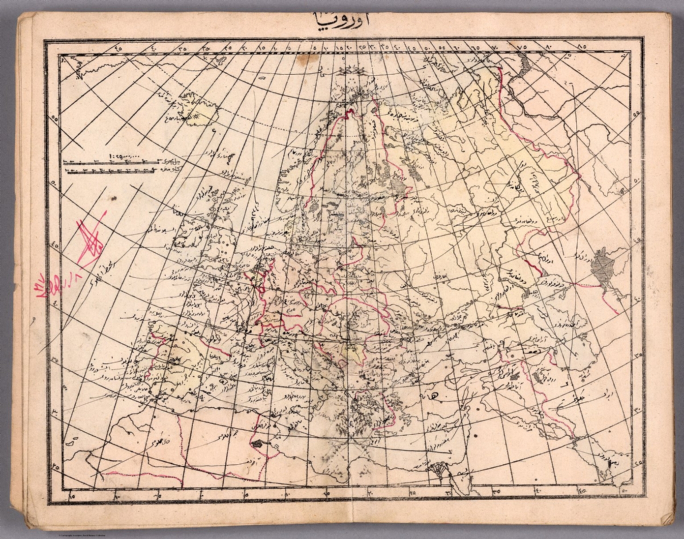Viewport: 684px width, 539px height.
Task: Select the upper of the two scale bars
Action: (111, 162)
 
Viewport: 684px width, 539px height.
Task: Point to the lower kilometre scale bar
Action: (111, 170)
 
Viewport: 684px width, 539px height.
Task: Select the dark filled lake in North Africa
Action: (257, 444)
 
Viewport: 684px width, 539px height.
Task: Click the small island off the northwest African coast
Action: (69, 443)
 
